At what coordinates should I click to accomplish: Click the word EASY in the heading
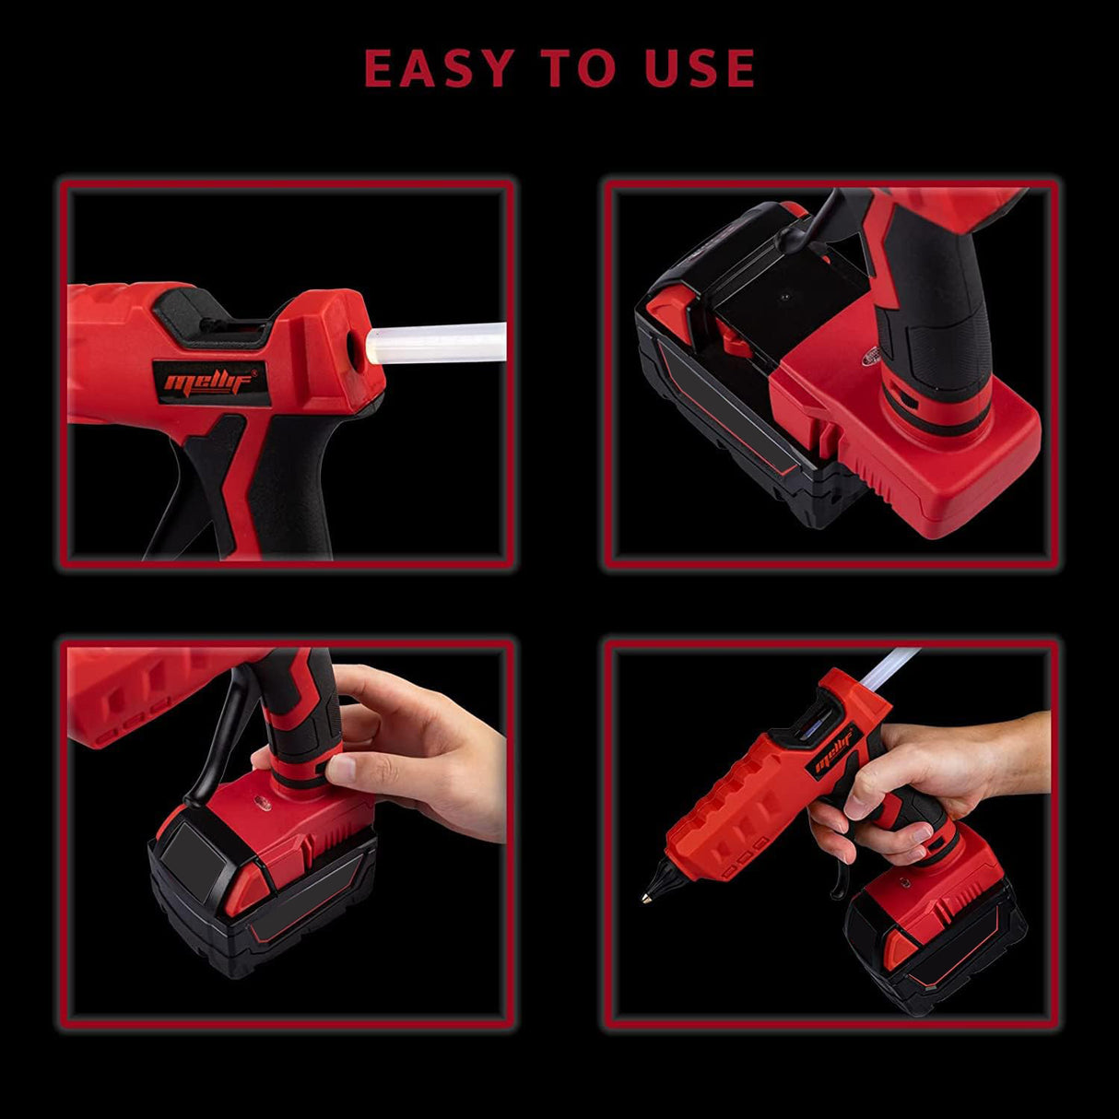[x=440, y=68]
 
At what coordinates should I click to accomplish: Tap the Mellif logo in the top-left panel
[x=211, y=382]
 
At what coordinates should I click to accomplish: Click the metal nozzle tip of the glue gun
[x=646, y=899]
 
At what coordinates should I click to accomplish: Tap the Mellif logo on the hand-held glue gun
[x=834, y=752]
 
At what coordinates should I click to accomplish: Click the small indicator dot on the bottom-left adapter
[x=260, y=804]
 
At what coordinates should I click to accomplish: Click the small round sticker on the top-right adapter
[x=871, y=357]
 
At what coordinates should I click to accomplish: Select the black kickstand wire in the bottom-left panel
[x=215, y=749]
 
